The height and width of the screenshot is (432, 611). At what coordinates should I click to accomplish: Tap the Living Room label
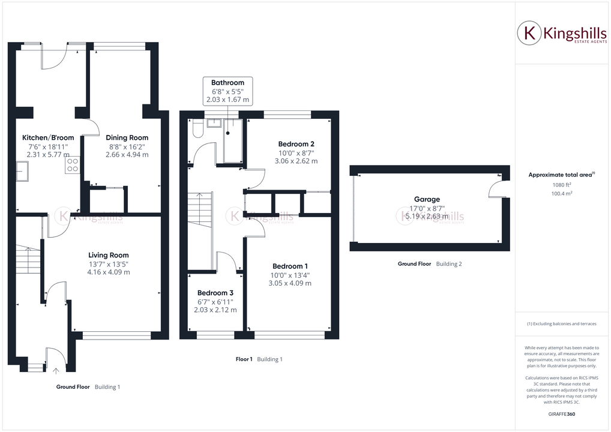pos(108,255)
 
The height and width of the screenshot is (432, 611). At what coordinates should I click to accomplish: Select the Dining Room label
pos(127,137)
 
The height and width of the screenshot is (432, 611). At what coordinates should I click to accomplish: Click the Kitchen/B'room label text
pos(48,137)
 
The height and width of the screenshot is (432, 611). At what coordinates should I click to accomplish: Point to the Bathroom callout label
pos(227,83)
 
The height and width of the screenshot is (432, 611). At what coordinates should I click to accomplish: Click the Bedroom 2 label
pos(296,144)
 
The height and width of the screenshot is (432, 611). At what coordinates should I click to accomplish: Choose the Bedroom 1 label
pos(290,266)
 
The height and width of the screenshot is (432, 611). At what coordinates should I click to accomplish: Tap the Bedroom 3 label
pos(215,293)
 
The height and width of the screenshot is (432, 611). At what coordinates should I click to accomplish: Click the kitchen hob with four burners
pos(73,165)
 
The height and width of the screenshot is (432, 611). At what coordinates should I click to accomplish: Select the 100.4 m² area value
pos(562,194)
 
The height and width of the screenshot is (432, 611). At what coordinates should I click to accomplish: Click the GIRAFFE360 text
pos(562,414)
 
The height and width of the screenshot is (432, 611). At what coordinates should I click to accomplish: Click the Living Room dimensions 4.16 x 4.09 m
pos(108,272)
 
